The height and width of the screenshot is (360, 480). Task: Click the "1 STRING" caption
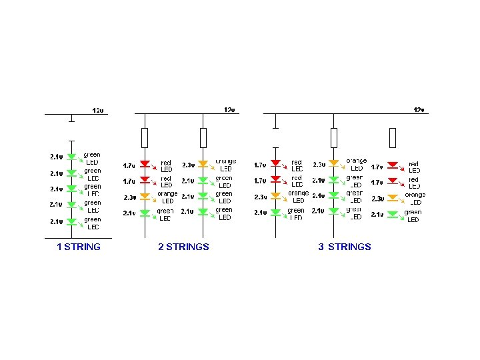tap(79, 247)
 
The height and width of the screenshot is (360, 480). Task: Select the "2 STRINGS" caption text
tap(183, 247)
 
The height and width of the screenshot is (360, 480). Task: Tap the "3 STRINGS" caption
tap(345, 247)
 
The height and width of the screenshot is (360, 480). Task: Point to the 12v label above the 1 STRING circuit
tap(97, 110)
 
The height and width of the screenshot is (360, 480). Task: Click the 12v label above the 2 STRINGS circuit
tap(229, 109)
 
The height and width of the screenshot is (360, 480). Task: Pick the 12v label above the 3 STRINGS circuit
tap(419, 109)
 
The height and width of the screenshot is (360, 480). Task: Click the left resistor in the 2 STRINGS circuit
tap(145, 138)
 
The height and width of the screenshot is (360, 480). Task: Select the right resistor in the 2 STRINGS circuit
tap(204, 138)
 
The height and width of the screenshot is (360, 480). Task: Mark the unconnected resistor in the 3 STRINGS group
tap(393, 138)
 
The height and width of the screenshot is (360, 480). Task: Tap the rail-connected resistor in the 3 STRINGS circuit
tap(334, 138)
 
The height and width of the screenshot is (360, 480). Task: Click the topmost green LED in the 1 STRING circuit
tap(71, 157)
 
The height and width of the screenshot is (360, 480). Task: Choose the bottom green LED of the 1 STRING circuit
tap(71, 222)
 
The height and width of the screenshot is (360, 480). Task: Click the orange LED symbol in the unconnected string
tap(393, 198)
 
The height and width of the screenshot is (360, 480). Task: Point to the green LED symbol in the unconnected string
tap(393, 215)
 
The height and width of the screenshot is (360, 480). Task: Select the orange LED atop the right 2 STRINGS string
tap(204, 163)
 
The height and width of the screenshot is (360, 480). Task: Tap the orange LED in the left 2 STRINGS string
tap(145, 197)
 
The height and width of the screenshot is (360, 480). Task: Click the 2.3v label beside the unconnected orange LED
tap(377, 199)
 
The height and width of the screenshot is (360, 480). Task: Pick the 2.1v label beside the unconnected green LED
tap(377, 215)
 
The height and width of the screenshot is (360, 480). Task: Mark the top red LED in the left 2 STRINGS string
tap(145, 164)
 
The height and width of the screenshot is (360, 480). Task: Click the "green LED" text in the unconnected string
tap(413, 216)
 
